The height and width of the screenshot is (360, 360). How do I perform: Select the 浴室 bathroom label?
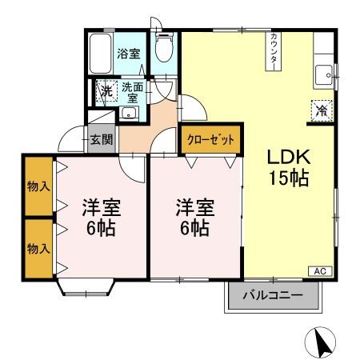coord(129,54)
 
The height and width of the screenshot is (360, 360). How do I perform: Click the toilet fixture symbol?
coord(164,50)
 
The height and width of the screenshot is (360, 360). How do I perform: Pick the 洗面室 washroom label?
coord(132,91)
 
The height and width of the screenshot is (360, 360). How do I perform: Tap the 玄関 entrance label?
coord(101,139)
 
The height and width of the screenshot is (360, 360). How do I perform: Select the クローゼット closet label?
coord(211,139)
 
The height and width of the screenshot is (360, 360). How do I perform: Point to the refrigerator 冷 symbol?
coord(319,110)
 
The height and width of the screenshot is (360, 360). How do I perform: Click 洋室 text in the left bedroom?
coord(101,208)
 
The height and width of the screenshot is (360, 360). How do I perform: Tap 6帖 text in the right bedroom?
coord(194,228)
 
